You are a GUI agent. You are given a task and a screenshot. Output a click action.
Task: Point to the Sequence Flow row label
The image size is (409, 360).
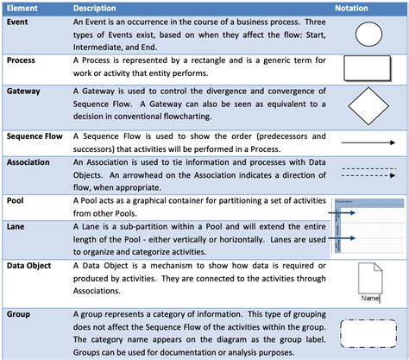coord(35,136)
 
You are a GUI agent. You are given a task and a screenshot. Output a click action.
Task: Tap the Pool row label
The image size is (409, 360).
coord(16,200)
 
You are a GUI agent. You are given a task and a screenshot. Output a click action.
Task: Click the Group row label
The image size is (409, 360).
coord(19,314)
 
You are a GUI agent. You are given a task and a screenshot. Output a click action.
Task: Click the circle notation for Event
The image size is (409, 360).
coord(368,36)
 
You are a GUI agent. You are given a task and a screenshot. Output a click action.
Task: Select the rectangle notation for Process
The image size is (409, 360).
coord(368,69)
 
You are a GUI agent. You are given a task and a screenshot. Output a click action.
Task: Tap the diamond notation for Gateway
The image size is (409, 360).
coord(368,106)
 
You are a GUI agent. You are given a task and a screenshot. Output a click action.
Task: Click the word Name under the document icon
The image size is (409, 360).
coord(370,298)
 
